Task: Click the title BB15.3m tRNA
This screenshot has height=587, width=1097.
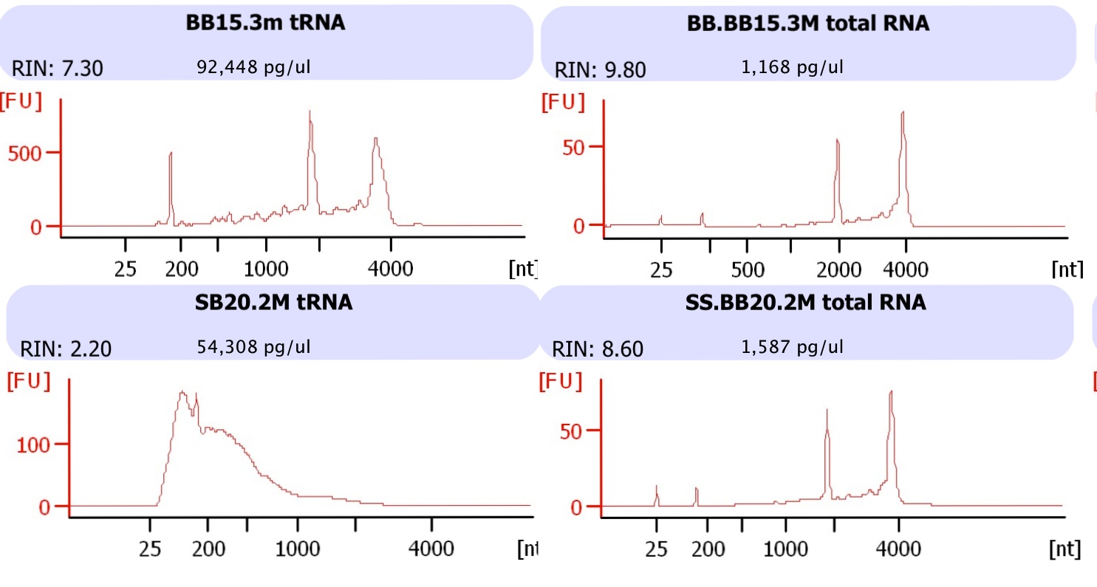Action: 265,23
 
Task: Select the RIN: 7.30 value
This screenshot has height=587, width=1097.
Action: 58,69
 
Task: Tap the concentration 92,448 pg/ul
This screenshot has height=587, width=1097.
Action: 253,68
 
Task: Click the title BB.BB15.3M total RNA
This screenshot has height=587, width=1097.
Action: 807,24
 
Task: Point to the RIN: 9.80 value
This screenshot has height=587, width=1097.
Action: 600,70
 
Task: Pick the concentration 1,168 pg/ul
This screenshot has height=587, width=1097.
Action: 792,68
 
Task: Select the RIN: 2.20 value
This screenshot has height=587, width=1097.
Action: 66,349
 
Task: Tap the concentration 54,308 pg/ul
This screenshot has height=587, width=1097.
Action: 253,347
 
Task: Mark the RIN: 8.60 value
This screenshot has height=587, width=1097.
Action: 598,349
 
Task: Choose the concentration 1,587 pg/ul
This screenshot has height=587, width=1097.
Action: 792,347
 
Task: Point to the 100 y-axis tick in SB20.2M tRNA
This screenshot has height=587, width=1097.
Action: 34,444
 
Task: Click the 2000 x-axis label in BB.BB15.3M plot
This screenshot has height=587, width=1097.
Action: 839,270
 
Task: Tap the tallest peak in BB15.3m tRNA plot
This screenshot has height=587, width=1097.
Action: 310,112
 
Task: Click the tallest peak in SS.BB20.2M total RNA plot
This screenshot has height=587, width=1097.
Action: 891,392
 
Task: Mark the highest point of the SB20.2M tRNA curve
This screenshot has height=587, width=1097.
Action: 182,392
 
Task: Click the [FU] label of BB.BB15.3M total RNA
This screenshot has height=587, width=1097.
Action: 564,102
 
